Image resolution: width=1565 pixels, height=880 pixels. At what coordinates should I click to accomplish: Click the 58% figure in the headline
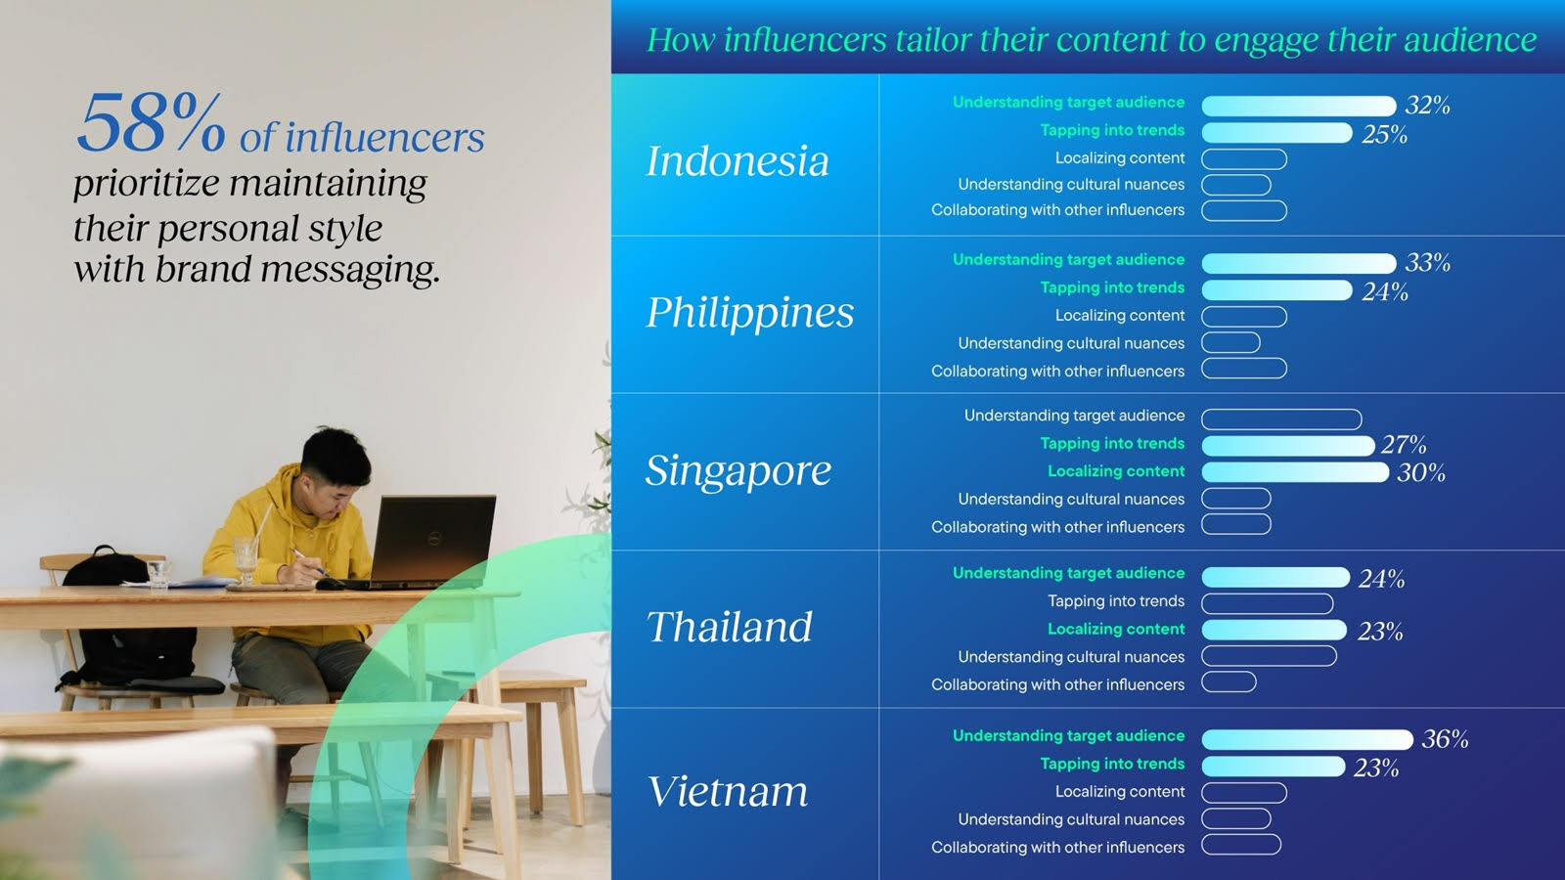point(151,123)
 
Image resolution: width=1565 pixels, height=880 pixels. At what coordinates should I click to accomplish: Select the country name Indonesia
point(738,160)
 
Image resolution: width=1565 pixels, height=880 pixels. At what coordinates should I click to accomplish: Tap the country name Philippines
point(750,312)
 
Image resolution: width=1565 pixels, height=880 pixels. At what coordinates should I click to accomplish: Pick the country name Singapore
point(738,470)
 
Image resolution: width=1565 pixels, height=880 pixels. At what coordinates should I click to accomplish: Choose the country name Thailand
point(730,627)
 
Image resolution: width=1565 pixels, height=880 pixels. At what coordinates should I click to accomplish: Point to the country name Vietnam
point(728,791)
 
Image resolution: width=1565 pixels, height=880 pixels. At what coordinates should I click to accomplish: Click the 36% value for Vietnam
point(1445,739)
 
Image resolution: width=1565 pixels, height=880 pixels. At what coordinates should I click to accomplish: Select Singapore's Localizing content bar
point(1295,472)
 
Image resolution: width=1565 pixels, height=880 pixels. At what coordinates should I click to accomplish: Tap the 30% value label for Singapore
point(1421,473)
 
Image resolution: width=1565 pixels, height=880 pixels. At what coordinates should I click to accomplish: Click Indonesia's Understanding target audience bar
point(1299,106)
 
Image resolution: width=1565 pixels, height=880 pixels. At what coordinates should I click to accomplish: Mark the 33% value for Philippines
point(1427,263)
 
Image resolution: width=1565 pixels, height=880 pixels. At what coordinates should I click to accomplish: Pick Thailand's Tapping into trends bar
point(1268,602)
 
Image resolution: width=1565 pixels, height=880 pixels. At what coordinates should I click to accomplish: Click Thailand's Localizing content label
point(1116,629)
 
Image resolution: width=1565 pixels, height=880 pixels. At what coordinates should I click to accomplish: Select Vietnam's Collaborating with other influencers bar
point(1241,845)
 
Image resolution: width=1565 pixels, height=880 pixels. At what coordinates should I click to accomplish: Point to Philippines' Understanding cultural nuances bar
point(1231,342)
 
